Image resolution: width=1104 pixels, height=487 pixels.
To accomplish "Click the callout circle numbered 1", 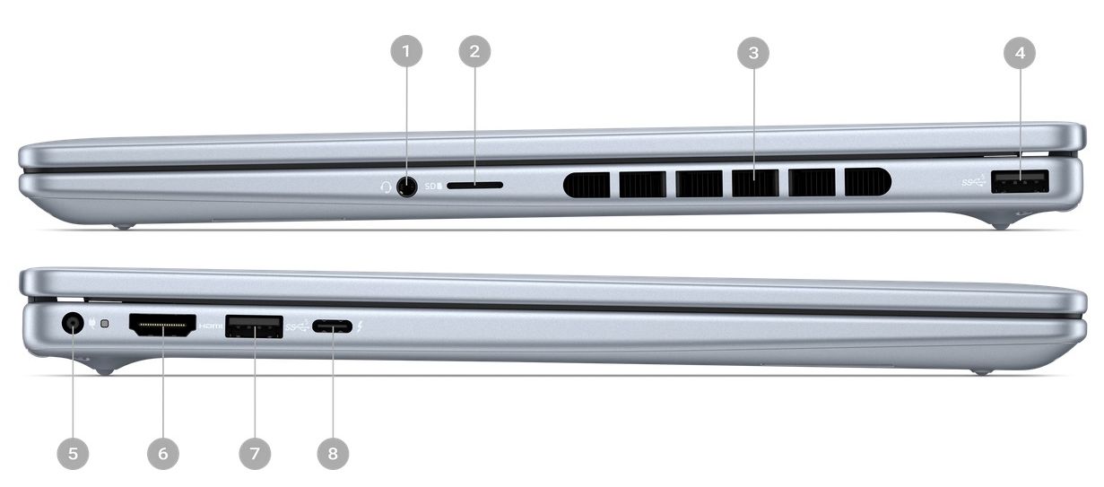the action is pyautogui.click(x=406, y=51).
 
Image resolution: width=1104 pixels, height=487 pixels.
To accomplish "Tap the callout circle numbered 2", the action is pyautogui.click(x=474, y=51).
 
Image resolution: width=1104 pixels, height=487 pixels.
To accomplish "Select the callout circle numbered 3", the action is pyautogui.click(x=753, y=53).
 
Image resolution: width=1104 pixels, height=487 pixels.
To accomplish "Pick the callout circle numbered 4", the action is pyautogui.click(x=1019, y=53).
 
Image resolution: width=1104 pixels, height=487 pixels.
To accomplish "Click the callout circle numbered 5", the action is pyautogui.click(x=73, y=454).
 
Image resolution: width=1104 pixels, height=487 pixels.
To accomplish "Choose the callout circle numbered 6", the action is pyautogui.click(x=163, y=454).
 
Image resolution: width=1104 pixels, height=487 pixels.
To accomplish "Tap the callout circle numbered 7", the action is pyautogui.click(x=255, y=454).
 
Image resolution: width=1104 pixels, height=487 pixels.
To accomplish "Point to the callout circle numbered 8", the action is pyautogui.click(x=333, y=454).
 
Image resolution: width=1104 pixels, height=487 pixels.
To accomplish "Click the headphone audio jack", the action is pyautogui.click(x=406, y=187).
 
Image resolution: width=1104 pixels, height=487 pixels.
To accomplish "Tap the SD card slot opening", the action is pyautogui.click(x=474, y=186).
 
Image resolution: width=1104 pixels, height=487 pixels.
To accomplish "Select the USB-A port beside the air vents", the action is pyautogui.click(x=1020, y=181).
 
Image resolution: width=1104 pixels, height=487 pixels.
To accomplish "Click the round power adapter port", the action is pyautogui.click(x=73, y=324).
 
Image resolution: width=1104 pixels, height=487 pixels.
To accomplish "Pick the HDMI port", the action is pyautogui.click(x=162, y=326).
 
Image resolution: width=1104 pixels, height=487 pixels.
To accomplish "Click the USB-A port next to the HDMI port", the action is pyautogui.click(x=254, y=326).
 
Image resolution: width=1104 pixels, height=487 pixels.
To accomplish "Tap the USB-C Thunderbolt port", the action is pyautogui.click(x=332, y=326).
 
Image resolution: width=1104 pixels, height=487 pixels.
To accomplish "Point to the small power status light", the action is pyautogui.click(x=105, y=324).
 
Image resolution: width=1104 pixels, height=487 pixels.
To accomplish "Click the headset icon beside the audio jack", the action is pyautogui.click(x=386, y=187).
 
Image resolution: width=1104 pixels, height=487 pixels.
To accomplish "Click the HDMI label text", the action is pyautogui.click(x=211, y=326).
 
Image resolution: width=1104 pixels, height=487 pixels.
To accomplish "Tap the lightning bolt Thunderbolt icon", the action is pyautogui.click(x=360, y=326).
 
